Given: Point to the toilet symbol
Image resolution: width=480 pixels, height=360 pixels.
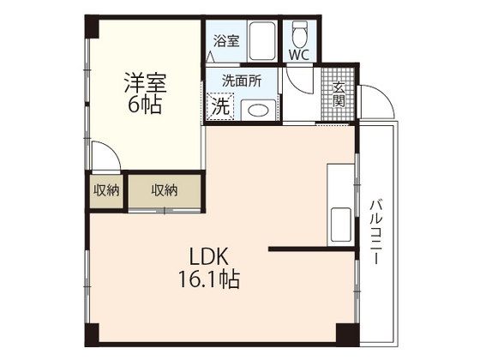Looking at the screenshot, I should [300, 34].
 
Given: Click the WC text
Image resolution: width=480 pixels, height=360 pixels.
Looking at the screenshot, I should [299, 55].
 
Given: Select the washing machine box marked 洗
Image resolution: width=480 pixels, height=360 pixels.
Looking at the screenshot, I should [220, 108].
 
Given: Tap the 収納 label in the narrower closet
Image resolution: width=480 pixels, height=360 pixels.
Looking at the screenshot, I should [106, 191].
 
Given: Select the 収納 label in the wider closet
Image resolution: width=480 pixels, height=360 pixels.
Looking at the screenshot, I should [164, 191].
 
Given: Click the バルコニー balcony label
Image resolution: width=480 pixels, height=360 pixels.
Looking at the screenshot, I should [377, 231].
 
